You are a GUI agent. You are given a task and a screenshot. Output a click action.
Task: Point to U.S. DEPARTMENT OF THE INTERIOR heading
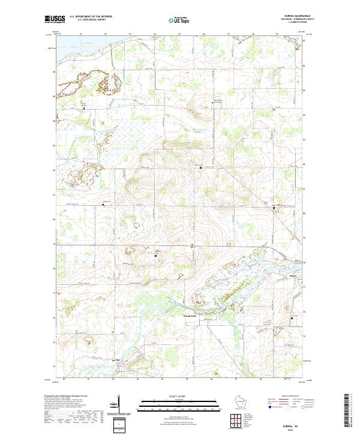coord(91,17)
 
